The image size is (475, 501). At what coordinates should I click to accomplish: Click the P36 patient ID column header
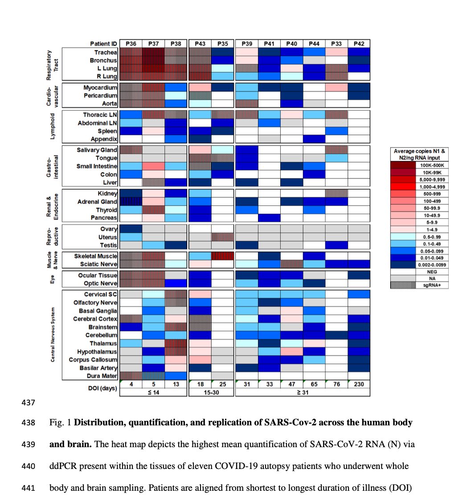(131, 44)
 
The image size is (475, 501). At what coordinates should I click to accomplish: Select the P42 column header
(359, 44)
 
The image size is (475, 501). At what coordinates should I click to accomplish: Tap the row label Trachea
(106, 52)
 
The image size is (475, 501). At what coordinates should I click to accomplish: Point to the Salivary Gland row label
(97, 150)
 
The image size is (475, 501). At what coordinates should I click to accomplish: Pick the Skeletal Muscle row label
(96, 256)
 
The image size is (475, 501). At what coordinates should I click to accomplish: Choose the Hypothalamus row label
(97, 352)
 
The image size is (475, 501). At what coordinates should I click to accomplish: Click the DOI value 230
(359, 384)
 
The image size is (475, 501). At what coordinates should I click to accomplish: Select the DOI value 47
(291, 384)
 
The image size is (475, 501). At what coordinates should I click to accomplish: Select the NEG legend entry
(432, 271)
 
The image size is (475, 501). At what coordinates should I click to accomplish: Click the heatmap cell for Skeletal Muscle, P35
(222, 256)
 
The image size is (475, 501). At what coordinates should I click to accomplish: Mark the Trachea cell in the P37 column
(153, 52)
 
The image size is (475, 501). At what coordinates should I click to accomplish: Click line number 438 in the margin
(28, 422)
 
